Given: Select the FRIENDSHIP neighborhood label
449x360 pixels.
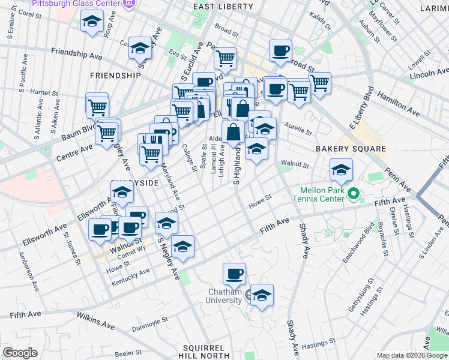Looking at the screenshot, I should click(115, 76).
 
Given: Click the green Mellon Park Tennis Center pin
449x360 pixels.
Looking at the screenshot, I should click(354, 193).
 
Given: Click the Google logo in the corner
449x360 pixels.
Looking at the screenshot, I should click(20, 353).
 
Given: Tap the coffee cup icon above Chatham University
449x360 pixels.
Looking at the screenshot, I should click(234, 274).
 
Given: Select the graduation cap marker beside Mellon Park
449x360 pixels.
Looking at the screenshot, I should click(341, 170).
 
